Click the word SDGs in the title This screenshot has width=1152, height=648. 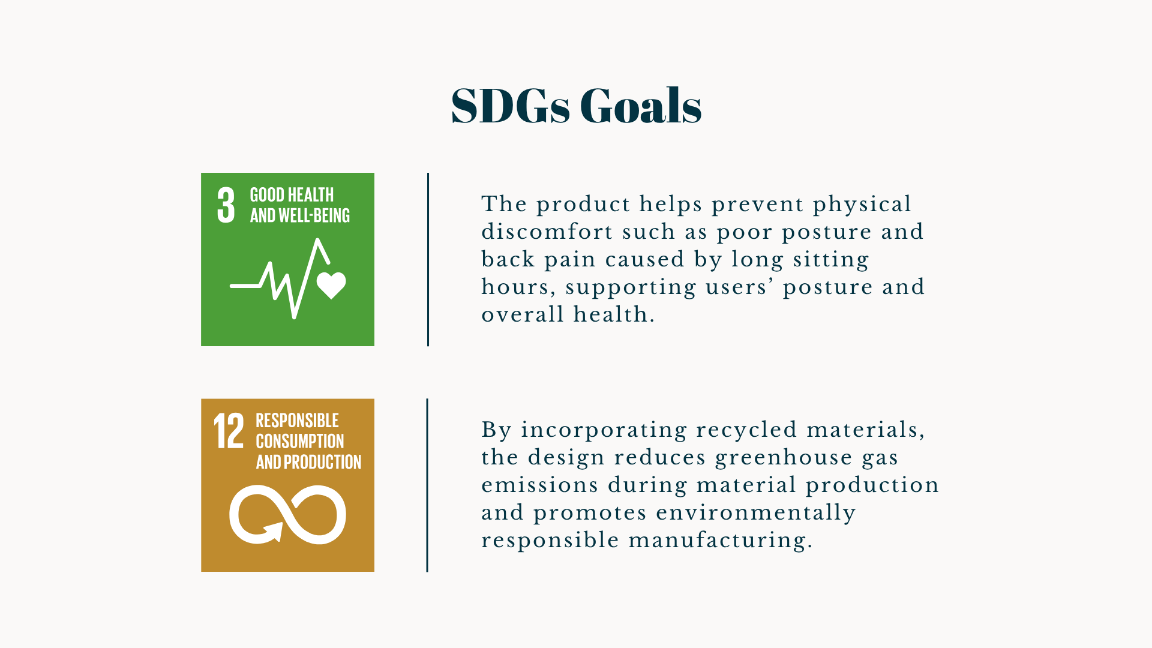(x=510, y=106)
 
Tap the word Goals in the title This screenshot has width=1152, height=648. (x=641, y=105)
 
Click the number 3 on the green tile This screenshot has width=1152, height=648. (x=226, y=205)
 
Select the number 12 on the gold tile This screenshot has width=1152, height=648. (x=229, y=431)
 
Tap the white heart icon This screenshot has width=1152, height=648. (x=331, y=285)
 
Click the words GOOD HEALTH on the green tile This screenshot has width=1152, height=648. (x=292, y=195)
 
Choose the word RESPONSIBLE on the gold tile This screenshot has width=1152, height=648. (x=297, y=421)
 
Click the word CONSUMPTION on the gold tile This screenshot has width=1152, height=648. (x=300, y=442)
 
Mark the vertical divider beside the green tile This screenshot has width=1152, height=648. (x=428, y=259)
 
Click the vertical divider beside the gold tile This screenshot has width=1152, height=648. (x=427, y=485)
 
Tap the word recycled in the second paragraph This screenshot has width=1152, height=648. (x=746, y=431)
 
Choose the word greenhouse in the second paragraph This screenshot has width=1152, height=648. (x=784, y=458)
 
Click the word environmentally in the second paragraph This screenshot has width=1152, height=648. (x=756, y=514)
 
